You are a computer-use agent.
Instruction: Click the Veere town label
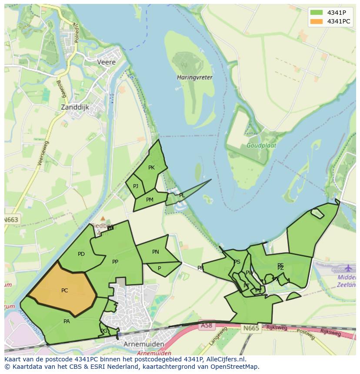(x=107, y=62)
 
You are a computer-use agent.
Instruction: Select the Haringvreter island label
(x=195, y=77)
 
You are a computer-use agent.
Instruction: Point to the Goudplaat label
(x=261, y=146)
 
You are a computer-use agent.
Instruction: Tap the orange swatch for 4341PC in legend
(x=317, y=21)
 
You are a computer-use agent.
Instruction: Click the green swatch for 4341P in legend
(x=317, y=12)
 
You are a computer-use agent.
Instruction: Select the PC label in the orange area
(x=64, y=291)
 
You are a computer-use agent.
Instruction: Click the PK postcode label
(x=151, y=168)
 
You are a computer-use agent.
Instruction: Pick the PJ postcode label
(x=136, y=186)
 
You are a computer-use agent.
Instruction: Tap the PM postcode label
(x=150, y=200)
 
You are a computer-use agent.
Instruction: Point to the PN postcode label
(x=155, y=252)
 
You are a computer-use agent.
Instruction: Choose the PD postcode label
(x=81, y=254)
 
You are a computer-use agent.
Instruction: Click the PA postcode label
(x=67, y=321)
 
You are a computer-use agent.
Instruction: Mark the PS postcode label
(x=237, y=262)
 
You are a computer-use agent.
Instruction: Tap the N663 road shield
(x=12, y=220)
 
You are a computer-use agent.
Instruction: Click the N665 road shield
(x=251, y=328)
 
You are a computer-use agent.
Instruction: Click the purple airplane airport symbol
(x=349, y=268)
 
